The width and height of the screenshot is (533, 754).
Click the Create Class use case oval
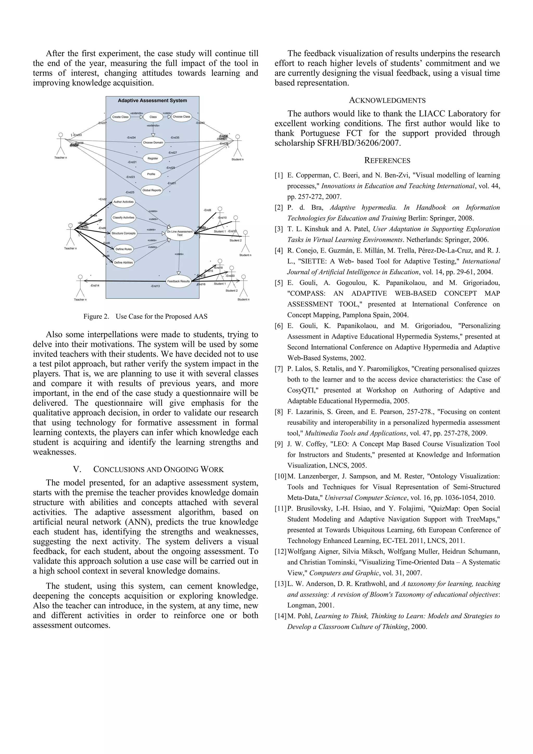pyautogui.click(x=120, y=117)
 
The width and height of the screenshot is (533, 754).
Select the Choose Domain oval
pyautogui.click(x=153, y=142)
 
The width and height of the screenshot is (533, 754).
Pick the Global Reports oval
pyautogui.click(x=152, y=190)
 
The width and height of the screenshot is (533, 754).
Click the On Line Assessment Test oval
pyautogui.click(x=180, y=233)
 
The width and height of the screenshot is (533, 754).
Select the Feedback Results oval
pyautogui.click(x=178, y=281)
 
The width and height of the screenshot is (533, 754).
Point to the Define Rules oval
pyautogui.click(x=123, y=249)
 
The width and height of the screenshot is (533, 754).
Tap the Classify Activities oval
pyautogui.click(x=123, y=217)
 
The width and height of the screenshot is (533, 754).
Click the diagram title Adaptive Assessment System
pyautogui.click(x=152, y=101)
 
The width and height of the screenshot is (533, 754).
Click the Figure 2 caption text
pyautogui.click(x=145, y=316)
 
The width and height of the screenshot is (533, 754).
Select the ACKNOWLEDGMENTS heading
pyautogui.click(x=387, y=101)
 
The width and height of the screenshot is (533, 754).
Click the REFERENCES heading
pyautogui.click(x=387, y=161)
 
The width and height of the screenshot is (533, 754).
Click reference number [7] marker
pyautogui.click(x=279, y=369)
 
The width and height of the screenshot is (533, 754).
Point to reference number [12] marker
pyautogui.click(x=280, y=551)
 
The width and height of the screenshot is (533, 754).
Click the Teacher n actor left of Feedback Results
pyautogui.click(x=80, y=286)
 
